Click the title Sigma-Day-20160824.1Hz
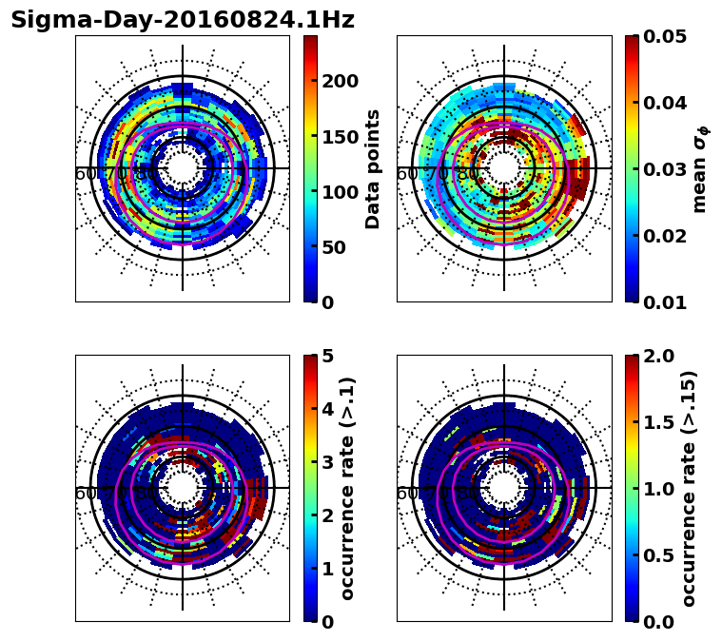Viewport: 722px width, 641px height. [182, 20]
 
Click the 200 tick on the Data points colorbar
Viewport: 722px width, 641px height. [339, 81]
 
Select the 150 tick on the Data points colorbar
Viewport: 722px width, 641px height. [339, 136]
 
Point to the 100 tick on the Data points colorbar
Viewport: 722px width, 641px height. [339, 192]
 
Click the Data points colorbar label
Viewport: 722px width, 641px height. [373, 168]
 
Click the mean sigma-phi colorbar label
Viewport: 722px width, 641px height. [699, 168]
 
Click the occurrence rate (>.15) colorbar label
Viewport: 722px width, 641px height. [690, 488]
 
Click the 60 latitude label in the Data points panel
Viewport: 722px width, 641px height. [85, 174]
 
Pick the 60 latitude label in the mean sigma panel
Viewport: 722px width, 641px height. [406, 174]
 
